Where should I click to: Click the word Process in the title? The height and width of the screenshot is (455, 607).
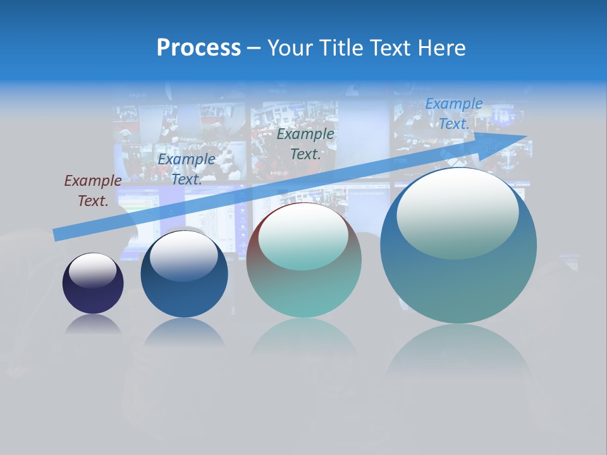pos(199,48)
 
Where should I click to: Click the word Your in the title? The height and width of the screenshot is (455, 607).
pos(290,48)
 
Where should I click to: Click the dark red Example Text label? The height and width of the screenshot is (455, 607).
pos(92,191)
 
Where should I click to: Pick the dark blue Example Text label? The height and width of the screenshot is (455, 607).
pos(186,169)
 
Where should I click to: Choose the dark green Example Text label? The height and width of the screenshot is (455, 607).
pos(305,144)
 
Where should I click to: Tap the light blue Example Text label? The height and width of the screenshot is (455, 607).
pos(453,114)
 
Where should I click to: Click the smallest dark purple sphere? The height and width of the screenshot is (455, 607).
pos(93,283)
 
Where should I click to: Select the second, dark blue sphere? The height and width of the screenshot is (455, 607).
pos(184,274)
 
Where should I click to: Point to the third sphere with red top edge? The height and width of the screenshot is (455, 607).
pos(303,260)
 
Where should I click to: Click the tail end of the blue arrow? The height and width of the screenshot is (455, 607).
pos(55,235)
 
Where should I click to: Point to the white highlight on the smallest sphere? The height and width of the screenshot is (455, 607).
pos(92,270)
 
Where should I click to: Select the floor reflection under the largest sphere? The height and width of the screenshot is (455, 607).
pos(458,354)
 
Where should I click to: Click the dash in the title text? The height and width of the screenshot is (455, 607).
pos(254,48)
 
